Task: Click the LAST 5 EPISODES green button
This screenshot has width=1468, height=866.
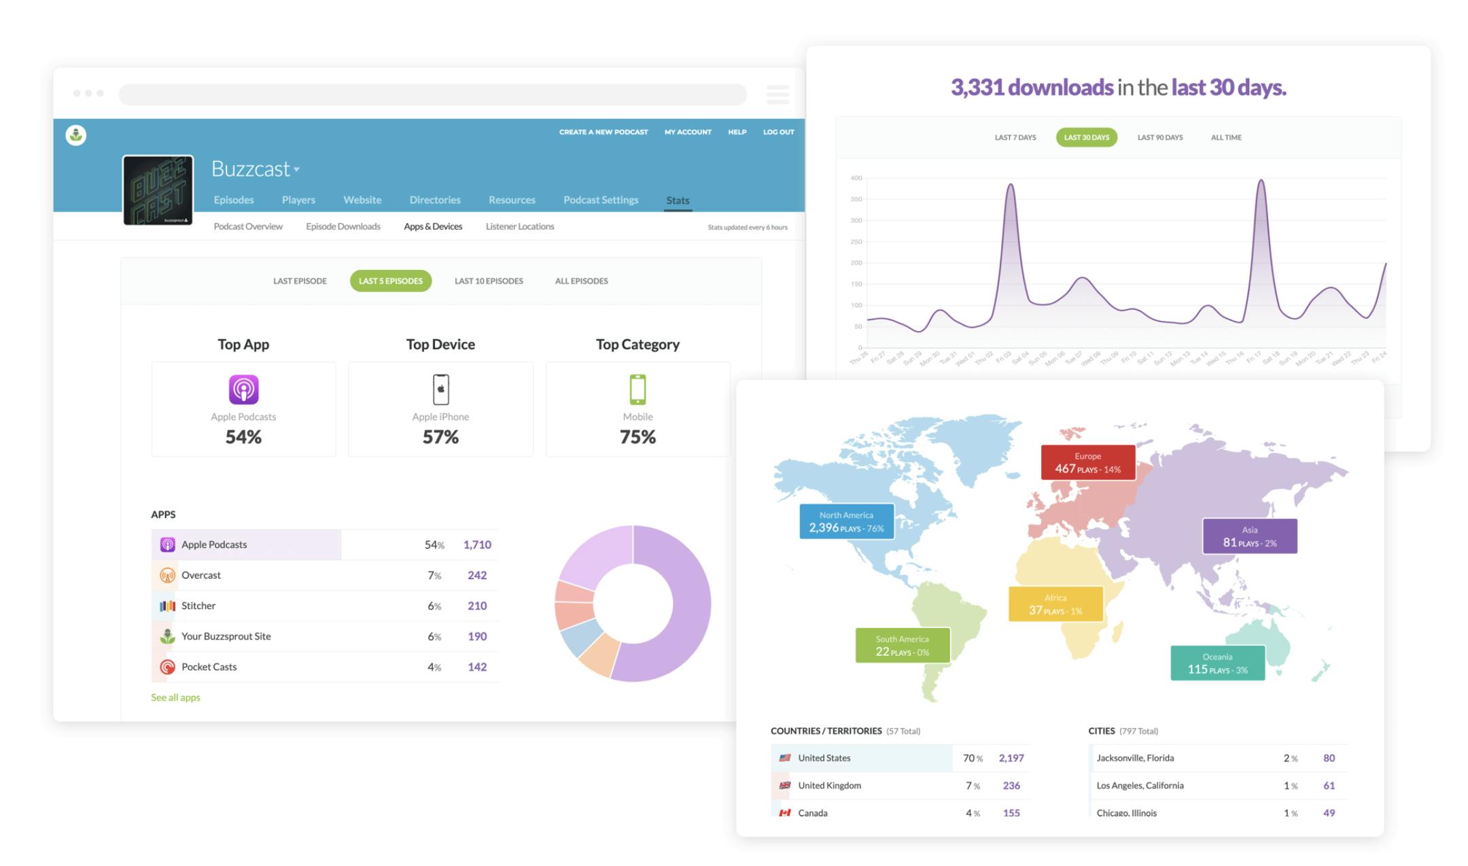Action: (x=390, y=281)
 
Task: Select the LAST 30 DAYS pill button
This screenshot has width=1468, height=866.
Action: (x=1085, y=137)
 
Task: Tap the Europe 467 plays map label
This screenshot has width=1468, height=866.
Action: (x=1087, y=463)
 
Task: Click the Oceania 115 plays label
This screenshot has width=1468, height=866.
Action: (x=1217, y=663)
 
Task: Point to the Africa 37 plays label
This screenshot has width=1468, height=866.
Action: (x=1055, y=604)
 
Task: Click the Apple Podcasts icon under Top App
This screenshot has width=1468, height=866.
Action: (x=243, y=389)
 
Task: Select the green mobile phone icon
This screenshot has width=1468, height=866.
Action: (x=637, y=389)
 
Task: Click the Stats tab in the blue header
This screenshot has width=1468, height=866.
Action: (x=677, y=201)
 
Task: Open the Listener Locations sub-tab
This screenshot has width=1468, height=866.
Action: (x=519, y=226)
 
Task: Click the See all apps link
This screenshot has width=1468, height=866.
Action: (x=175, y=697)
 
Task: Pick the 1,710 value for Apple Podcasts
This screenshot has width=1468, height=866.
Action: (x=477, y=544)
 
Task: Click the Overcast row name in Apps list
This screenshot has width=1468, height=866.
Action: (x=200, y=575)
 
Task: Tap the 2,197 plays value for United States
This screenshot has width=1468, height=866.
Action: (x=1011, y=758)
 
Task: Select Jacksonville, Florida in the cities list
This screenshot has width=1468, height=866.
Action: (x=1134, y=758)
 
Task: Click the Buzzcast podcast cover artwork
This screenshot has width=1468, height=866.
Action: (x=158, y=190)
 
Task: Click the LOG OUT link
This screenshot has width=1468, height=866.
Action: (x=778, y=132)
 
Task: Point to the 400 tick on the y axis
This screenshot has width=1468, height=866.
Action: (x=856, y=178)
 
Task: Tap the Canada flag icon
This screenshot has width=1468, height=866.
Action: (x=784, y=813)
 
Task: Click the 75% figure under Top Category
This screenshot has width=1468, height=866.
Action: (x=637, y=437)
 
